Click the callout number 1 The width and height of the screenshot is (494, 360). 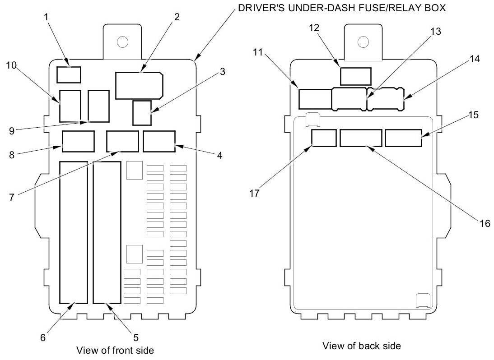(47, 17)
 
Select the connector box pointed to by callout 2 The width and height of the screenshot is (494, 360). (139, 86)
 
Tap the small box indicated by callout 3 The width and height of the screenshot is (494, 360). (142, 113)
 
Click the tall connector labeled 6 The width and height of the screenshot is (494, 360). (74, 232)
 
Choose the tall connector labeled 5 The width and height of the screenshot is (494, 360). (107, 232)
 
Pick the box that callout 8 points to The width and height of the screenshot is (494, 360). (79, 141)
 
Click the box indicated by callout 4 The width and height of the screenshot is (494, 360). (159, 141)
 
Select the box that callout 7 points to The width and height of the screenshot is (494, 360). (122, 141)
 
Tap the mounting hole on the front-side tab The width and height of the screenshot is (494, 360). (122, 42)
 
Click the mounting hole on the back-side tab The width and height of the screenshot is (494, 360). (363, 42)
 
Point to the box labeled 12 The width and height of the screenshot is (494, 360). (356, 76)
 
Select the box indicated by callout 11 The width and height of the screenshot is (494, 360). (315, 99)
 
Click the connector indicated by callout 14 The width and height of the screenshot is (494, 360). (386, 99)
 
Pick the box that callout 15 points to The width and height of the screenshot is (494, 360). (404, 138)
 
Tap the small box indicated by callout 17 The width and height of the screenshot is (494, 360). (324, 138)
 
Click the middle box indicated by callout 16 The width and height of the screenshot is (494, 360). (361, 138)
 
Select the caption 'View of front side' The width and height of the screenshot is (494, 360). (115, 350)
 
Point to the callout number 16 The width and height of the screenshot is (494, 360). (485, 223)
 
